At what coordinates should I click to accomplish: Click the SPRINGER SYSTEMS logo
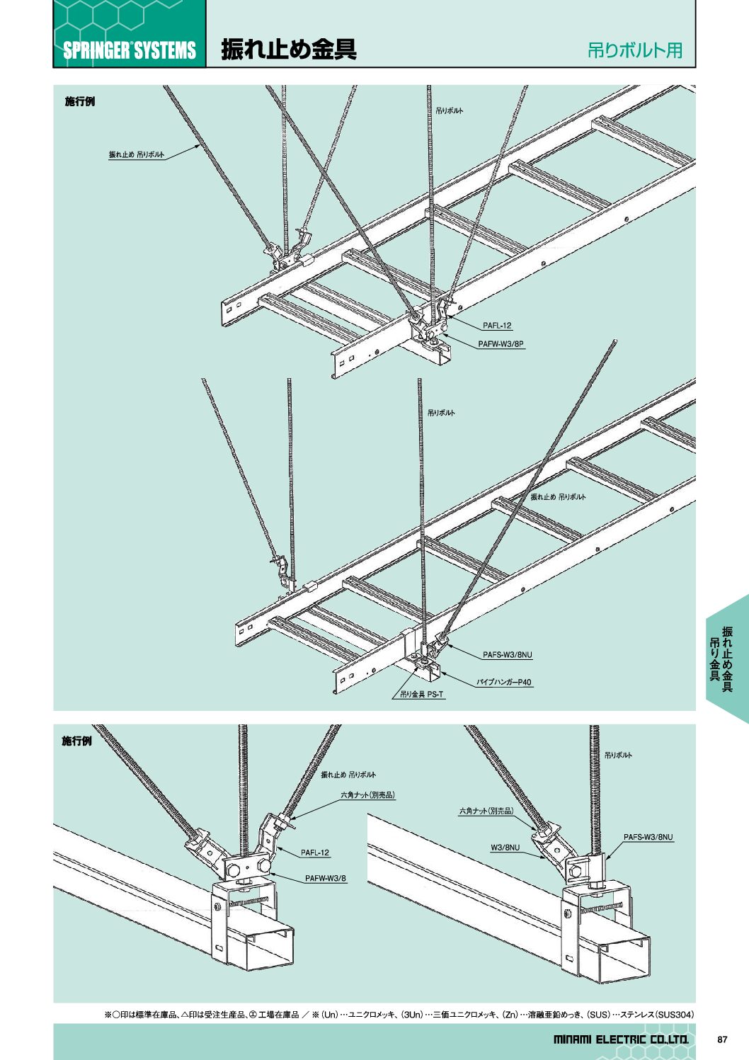[x=129, y=50]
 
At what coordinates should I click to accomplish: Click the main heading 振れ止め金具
[x=289, y=49]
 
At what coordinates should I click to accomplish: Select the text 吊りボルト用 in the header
[x=634, y=50]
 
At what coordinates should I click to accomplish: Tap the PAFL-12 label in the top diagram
[x=497, y=326]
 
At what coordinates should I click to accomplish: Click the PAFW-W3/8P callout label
[x=501, y=344]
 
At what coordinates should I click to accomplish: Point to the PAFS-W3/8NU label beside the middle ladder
[x=508, y=655]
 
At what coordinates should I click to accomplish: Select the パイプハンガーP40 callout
[x=503, y=683]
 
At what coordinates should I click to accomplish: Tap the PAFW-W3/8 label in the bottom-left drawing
[x=326, y=879]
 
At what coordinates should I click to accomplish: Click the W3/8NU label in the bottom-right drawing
[x=505, y=848]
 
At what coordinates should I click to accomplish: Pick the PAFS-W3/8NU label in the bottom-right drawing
[x=648, y=837]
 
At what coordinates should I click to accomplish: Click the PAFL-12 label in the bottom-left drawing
[x=315, y=853]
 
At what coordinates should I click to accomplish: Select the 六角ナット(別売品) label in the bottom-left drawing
[x=367, y=795]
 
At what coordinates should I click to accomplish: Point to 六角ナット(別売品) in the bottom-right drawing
[x=486, y=811]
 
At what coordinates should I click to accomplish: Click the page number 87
[x=722, y=1040]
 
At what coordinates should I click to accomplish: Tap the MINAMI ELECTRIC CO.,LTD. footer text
[x=620, y=1040]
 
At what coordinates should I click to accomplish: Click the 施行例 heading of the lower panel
[x=76, y=741]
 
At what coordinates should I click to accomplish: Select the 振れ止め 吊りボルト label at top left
[x=137, y=154]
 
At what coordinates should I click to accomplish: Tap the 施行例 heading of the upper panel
[x=80, y=102]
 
